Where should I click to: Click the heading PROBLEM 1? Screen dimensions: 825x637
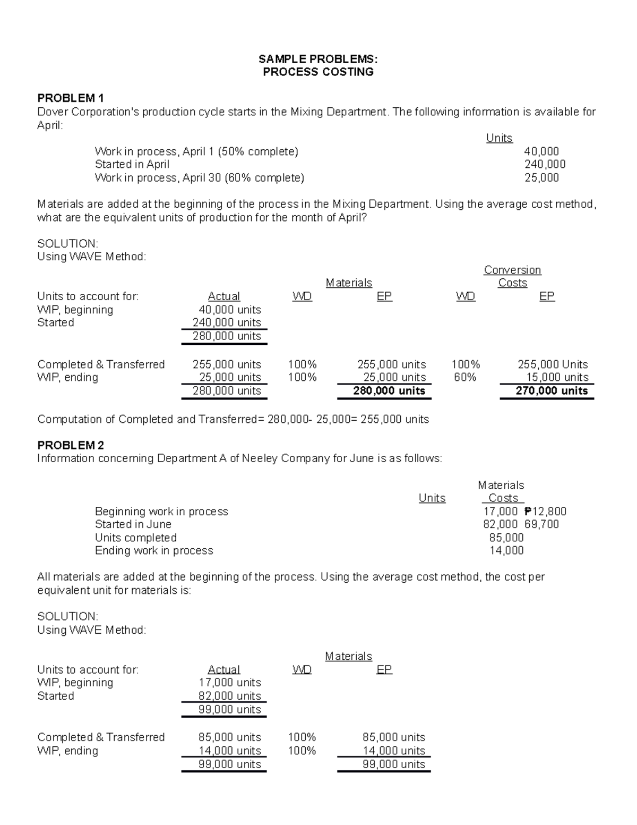70,98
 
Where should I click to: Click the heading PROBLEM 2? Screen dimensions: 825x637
70,445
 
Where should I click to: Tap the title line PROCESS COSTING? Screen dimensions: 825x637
318,72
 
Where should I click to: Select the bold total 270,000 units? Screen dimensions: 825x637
552,391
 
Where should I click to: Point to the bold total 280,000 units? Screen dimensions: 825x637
389,391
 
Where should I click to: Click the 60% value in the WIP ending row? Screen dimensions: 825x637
465,378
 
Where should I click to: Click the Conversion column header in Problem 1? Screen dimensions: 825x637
512,270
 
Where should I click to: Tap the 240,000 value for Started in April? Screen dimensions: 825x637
545,164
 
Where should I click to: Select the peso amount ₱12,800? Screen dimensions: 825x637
545,512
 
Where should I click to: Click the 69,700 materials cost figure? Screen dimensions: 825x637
541,524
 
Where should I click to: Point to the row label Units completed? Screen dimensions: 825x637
135,538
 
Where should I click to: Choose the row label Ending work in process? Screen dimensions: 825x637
154,551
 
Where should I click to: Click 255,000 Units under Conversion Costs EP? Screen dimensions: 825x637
553,364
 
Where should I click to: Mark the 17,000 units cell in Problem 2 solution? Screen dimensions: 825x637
229,683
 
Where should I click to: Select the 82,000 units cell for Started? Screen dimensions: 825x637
229,696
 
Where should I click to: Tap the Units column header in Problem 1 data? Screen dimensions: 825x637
499,138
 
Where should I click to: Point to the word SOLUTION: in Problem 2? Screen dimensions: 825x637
67,616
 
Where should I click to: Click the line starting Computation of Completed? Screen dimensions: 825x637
233,419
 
